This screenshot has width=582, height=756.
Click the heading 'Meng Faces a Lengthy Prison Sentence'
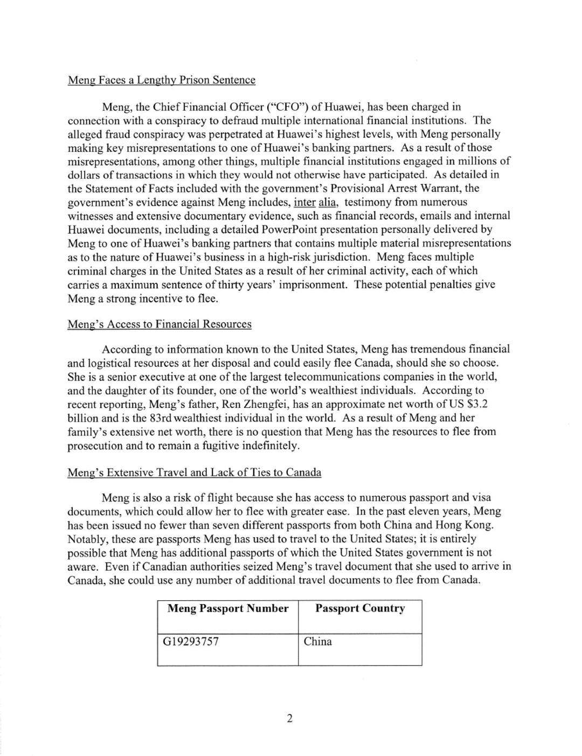pyautogui.click(x=161, y=80)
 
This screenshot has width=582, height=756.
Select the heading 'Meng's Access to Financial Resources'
pyautogui.click(x=159, y=324)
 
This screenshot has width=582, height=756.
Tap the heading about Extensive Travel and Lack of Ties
pyautogui.click(x=194, y=473)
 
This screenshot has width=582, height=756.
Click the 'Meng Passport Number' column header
pyautogui.click(x=228, y=609)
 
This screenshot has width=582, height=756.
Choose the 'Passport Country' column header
pyautogui.click(x=360, y=609)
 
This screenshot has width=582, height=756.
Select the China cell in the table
pyautogui.click(x=318, y=642)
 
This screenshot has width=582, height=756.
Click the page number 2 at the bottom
pyautogui.click(x=290, y=718)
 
